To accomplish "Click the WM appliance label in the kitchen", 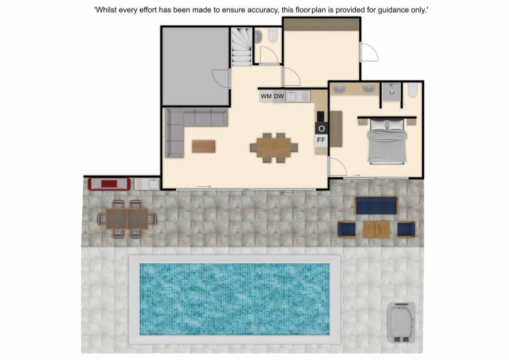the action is point(266,96).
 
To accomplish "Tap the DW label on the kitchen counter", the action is point(278,96).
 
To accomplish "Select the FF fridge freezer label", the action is point(321,141).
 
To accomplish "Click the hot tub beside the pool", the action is point(401,322).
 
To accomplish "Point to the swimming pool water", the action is point(235,299).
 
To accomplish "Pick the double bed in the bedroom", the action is point(387,141).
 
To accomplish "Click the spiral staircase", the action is point(241,47).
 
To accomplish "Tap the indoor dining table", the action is point(274,148).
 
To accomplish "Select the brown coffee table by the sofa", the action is point(203,146).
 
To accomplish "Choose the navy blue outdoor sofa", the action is point(376,206).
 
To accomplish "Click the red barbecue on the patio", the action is point(109,184).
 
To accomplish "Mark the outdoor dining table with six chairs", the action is point(127,219).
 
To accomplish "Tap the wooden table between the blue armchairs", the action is point(376,229).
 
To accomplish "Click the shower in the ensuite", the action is point(392,92).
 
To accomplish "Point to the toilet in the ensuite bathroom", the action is point(413,90).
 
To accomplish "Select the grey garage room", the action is point(196,66).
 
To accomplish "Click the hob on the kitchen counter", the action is point(320,116).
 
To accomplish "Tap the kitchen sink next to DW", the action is point(291,96).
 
